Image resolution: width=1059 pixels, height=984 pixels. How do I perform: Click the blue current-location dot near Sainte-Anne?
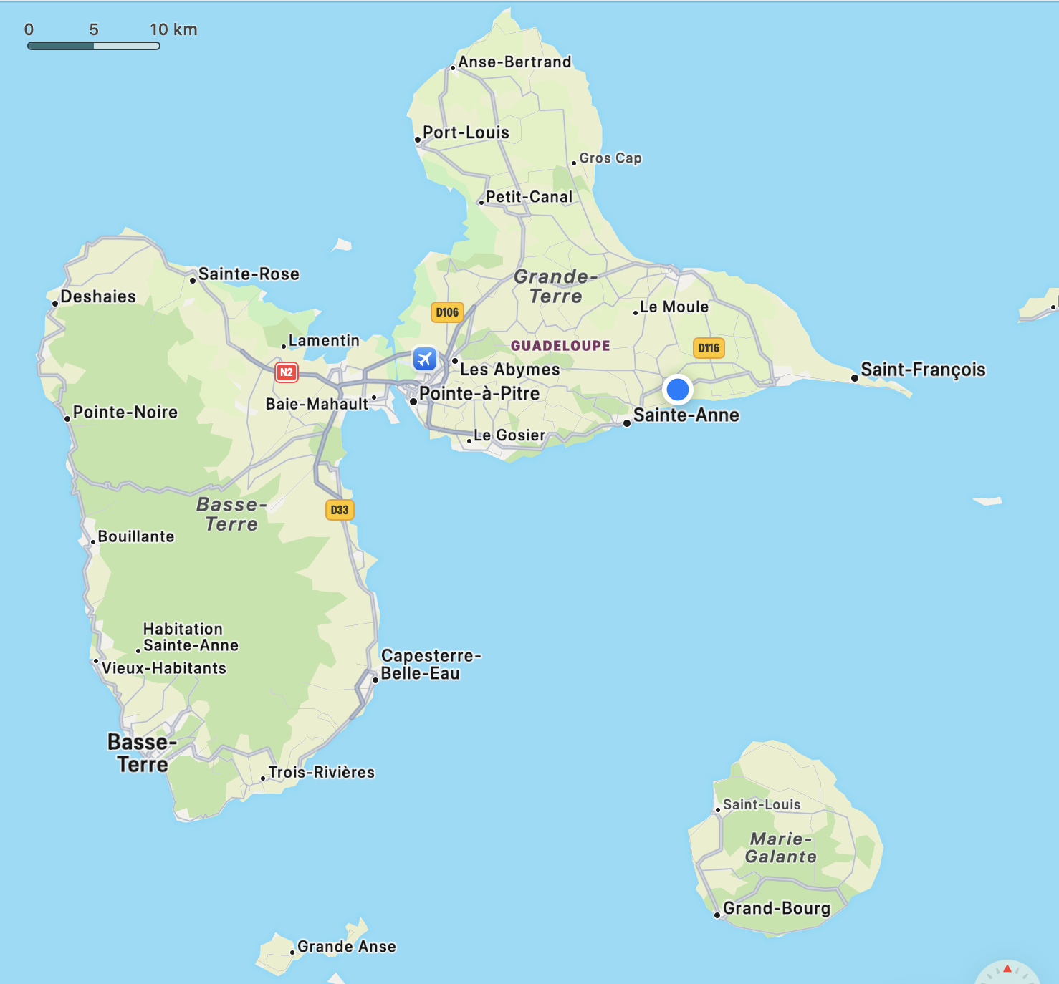pyautogui.click(x=677, y=390)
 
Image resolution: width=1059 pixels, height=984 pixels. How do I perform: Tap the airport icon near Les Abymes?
pyautogui.click(x=425, y=358)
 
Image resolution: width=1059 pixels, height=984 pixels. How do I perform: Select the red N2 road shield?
pyautogui.click(x=286, y=372)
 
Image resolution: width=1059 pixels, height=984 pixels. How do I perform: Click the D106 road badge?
pyautogui.click(x=447, y=312)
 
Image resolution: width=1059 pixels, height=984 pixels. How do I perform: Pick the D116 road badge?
pyautogui.click(x=709, y=348)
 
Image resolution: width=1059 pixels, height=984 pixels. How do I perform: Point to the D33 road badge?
pyautogui.click(x=340, y=510)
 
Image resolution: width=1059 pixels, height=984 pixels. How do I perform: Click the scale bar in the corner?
pyautogui.click(x=93, y=46)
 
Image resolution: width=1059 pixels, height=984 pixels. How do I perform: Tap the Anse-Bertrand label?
pyautogui.click(x=514, y=62)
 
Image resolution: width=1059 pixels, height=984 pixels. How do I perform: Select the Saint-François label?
pyautogui.click(x=923, y=370)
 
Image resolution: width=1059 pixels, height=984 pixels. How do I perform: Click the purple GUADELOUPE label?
pyautogui.click(x=560, y=346)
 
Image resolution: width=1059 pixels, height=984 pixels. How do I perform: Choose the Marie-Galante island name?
pyautogui.click(x=781, y=848)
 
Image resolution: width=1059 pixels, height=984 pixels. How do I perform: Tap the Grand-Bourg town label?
pyautogui.click(x=777, y=908)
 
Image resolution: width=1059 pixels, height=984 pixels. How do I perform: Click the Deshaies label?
pyautogui.click(x=98, y=296)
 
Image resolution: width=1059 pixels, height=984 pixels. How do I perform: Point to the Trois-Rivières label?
pyautogui.click(x=322, y=772)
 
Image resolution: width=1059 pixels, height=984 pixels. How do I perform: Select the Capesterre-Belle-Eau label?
pyautogui.click(x=430, y=665)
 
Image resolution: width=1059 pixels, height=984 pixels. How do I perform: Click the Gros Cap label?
pyautogui.click(x=610, y=158)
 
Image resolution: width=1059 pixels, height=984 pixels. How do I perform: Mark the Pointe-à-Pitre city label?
pyautogui.click(x=479, y=394)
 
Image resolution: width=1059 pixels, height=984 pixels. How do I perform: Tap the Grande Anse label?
pyautogui.click(x=347, y=947)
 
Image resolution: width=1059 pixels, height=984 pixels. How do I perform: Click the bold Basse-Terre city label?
pyautogui.click(x=142, y=753)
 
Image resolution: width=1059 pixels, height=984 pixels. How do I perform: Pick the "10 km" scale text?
pyautogui.click(x=173, y=29)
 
